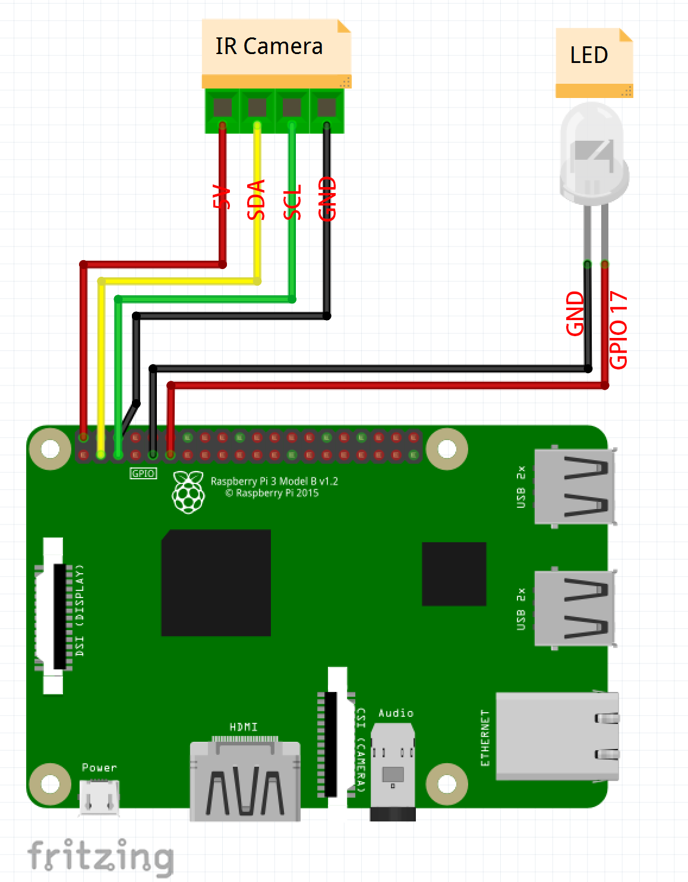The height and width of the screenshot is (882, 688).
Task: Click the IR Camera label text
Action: coord(269,46)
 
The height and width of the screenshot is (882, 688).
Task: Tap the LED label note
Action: coord(589,55)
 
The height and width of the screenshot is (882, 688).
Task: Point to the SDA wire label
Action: coord(256,200)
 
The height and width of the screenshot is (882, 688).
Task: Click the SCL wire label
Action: coord(292,202)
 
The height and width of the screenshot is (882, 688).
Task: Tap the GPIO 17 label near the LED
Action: coord(618,330)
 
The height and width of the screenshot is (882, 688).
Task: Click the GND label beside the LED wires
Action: coord(575,313)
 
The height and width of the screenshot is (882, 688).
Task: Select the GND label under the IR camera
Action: coord(327,198)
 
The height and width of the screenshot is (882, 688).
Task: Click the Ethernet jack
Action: coord(556,736)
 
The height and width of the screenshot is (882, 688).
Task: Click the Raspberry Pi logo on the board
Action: coord(188,492)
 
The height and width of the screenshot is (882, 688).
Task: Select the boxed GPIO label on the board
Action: coord(143,473)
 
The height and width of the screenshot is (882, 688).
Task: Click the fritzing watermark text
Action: coord(101,856)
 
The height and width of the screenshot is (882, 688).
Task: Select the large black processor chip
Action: coord(216,583)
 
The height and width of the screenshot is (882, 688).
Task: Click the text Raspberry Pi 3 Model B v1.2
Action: coord(274,481)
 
